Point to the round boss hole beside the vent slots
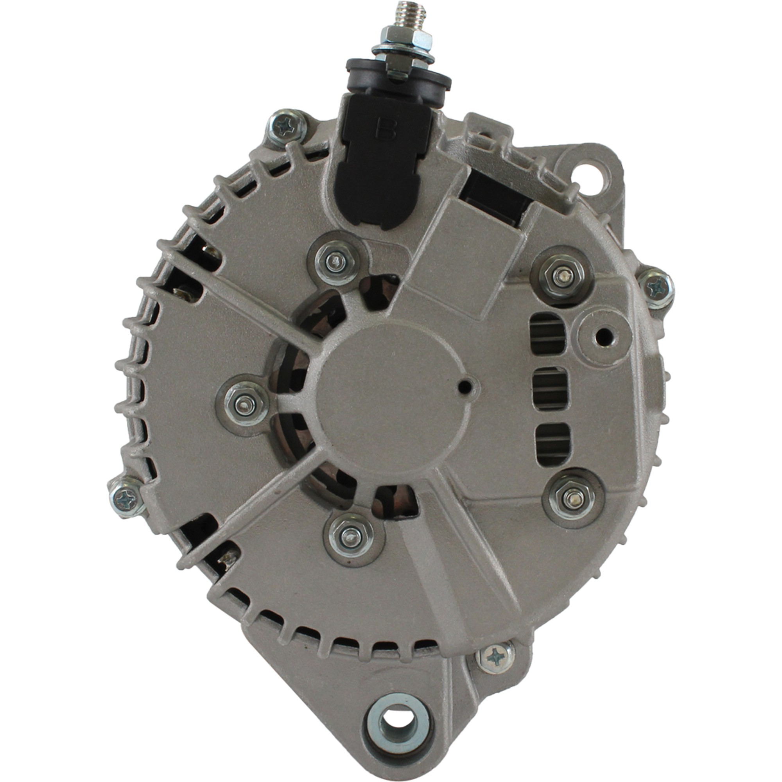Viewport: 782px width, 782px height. point(605,334)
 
